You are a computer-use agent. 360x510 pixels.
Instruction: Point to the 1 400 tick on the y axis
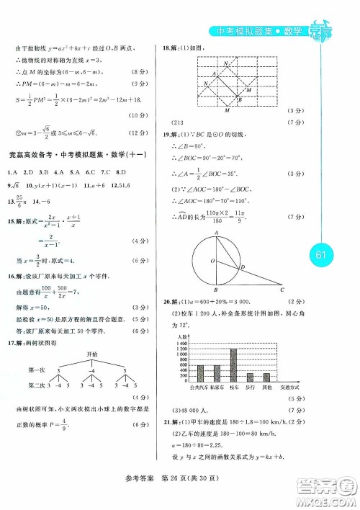181,345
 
